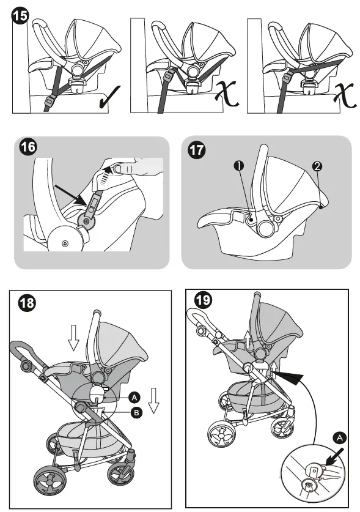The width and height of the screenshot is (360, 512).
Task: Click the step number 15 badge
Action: pyautogui.click(x=20, y=16)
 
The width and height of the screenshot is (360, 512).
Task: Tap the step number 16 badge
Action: pyautogui.click(x=28, y=147)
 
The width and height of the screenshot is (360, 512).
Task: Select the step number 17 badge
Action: pyautogui.click(x=197, y=150)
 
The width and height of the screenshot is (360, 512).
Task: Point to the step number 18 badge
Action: pyautogui.click(x=27, y=303)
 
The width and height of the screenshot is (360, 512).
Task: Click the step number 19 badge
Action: pyautogui.click(x=202, y=299)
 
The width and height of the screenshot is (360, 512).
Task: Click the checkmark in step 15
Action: pyautogui.click(x=109, y=97)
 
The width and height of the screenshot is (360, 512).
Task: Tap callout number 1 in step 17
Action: pyautogui.click(x=239, y=166)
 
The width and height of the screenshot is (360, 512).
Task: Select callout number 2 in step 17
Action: pyautogui.click(x=317, y=166)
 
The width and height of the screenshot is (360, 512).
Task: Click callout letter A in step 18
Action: pyautogui.click(x=134, y=398)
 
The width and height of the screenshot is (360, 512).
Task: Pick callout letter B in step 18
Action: pyautogui.click(x=136, y=413)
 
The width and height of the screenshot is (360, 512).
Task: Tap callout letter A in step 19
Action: pyautogui.click(x=339, y=437)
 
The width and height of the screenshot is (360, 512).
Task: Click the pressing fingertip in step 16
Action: pyautogui.click(x=122, y=168)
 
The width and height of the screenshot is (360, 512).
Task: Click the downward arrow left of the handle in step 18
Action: pyautogui.click(x=73, y=338)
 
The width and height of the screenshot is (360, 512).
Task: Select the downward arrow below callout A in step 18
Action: pyautogui.click(x=153, y=401)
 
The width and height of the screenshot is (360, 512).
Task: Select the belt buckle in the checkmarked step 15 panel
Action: pyautogui.click(x=50, y=102)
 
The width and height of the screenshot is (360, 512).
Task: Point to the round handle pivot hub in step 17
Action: pyautogui.click(x=266, y=228)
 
